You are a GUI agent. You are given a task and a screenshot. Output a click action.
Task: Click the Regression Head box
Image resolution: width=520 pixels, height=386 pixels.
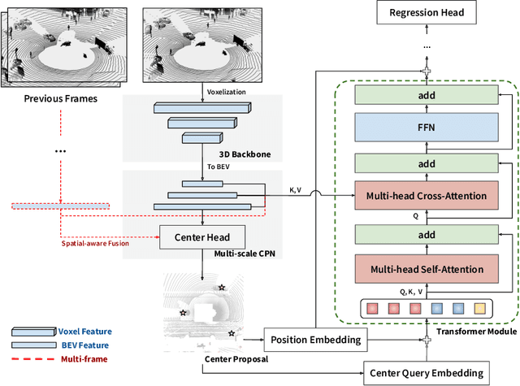pos(427,12)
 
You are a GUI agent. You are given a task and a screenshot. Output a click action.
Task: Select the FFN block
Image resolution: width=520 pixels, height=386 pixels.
pos(427,128)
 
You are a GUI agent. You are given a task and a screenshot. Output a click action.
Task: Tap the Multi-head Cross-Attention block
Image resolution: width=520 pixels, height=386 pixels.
pos(427,195)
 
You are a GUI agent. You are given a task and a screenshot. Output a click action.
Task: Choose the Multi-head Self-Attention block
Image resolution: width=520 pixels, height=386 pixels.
pos(427,269)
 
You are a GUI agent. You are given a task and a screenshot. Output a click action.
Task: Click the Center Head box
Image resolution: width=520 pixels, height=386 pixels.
pos(202,237)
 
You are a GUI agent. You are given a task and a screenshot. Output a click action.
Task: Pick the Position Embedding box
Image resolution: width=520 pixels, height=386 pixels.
pos(316,340)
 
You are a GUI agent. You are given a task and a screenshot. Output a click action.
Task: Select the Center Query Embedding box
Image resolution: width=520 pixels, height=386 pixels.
pos(427,373)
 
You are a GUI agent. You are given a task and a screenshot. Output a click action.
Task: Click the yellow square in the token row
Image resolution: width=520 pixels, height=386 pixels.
pos(479,309)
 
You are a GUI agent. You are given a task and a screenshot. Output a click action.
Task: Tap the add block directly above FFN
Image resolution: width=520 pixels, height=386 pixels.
pos(427,95)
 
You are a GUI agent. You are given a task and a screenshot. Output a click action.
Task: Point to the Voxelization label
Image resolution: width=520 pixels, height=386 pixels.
pos(227,92)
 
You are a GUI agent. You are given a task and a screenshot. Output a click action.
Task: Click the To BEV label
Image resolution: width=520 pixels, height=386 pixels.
pos(219,167)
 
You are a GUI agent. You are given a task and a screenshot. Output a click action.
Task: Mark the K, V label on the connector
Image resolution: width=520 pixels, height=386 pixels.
pos(295,190)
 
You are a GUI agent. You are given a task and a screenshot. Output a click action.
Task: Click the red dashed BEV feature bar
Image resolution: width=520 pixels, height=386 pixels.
pos(61,206)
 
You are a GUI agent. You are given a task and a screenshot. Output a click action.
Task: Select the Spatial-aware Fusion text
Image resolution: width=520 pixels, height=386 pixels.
pos(95,244)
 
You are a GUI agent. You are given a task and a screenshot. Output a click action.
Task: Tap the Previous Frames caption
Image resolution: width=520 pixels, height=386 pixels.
pos(61,98)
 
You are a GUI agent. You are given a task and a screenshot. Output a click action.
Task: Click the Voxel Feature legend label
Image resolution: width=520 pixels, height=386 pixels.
pos(84,332)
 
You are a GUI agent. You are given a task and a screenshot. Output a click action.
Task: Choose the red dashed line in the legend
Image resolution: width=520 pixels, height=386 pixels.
pos(33,359)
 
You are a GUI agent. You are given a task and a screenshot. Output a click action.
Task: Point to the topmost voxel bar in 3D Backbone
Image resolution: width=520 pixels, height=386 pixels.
pos(202,108)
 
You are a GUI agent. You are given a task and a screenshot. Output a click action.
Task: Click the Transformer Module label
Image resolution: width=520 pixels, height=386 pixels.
pos(477,332)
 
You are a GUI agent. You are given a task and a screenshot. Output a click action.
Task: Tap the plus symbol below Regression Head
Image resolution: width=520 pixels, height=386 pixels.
pos(427,71)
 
